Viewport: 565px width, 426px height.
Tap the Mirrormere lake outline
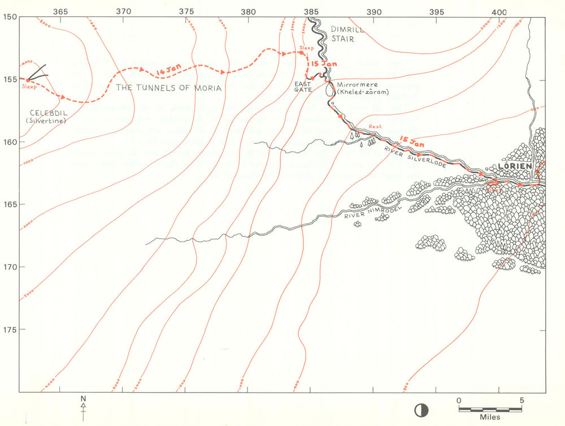[329, 89]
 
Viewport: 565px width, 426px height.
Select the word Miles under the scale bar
[490, 417]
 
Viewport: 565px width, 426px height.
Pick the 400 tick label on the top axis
[498, 11]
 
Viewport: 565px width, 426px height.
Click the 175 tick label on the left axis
[10, 329]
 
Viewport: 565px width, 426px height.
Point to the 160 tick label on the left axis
[10, 141]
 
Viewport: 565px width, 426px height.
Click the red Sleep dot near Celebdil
[28, 80]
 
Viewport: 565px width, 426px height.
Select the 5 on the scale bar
[522, 400]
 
